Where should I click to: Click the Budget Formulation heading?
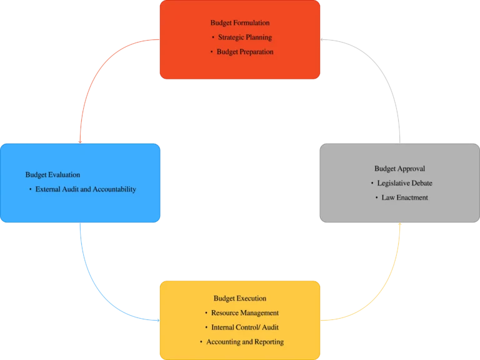[240, 23]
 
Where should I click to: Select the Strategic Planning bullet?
[244, 37]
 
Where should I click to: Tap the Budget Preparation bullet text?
[245, 52]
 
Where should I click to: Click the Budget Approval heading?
[400, 169]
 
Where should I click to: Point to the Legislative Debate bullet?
[404, 183]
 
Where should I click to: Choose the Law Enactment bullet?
[404, 197]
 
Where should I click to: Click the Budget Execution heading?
[240, 299]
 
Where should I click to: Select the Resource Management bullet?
[244, 313]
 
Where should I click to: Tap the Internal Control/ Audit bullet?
[244, 327]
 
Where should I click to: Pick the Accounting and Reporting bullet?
[244, 342]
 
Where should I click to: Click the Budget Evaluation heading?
[52, 175]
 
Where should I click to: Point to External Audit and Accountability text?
[85, 189]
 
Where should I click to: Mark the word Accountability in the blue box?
[114, 189]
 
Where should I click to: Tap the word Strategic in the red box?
[231, 37]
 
